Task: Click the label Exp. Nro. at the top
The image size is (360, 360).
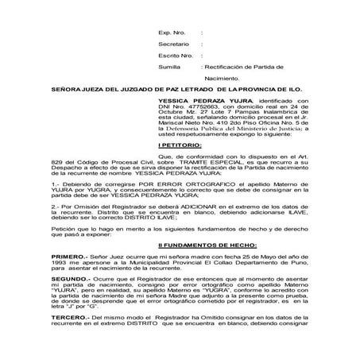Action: [172, 33]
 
